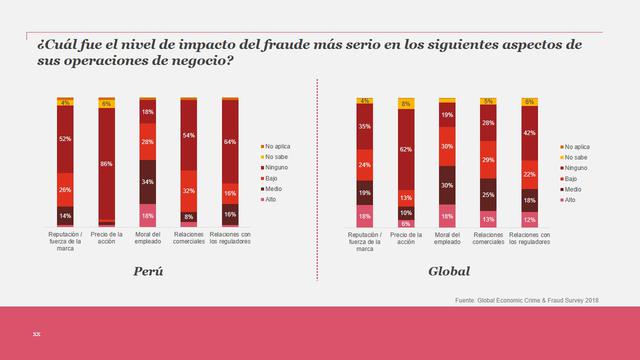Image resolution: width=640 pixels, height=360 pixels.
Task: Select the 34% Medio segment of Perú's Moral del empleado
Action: pos(148,182)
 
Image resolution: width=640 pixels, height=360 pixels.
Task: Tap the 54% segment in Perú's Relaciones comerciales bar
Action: pos(189,135)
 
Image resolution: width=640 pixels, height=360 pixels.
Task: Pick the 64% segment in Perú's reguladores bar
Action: pos(230,141)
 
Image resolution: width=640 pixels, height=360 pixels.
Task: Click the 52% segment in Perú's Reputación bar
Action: pos(66,139)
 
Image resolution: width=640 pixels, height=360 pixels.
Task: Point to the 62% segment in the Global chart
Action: pos(405,149)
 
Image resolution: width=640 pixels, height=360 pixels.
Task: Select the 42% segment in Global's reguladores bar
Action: pos(528,132)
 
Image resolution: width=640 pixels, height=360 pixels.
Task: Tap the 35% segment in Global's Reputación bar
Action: pos(364,127)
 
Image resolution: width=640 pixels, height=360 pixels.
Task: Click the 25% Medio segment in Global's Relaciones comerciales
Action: pos(487,194)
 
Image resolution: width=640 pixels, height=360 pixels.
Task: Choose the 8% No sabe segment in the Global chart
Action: pos(405,103)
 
